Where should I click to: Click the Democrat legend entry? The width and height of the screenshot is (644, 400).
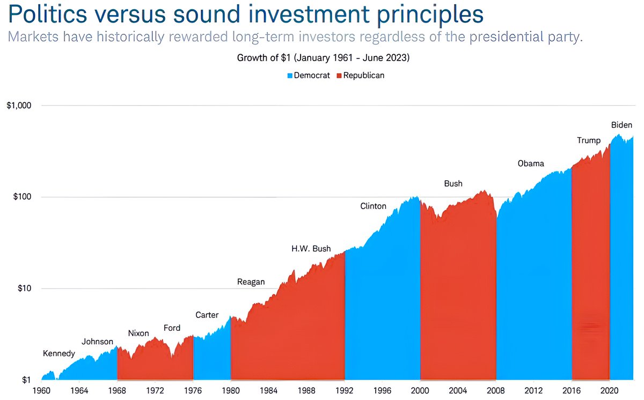[x=309, y=76]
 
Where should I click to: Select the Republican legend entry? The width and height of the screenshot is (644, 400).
[x=360, y=76]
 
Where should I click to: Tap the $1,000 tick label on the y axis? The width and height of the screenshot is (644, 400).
[x=19, y=106]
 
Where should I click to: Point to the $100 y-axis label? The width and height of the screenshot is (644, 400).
[x=22, y=197]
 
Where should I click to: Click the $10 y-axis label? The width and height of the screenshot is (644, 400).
[x=25, y=288]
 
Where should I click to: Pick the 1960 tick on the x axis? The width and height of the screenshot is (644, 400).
[x=41, y=391]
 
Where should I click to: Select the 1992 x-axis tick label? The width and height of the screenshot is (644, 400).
[x=345, y=391]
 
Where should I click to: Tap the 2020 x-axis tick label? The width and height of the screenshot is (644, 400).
[x=609, y=391]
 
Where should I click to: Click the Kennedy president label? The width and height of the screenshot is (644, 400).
[x=59, y=353]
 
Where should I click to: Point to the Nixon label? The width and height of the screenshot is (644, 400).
[x=138, y=334]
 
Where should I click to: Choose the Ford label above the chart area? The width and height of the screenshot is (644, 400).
[x=172, y=328]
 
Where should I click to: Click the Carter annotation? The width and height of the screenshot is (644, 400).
[x=207, y=315]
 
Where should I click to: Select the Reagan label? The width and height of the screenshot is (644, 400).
[x=251, y=282]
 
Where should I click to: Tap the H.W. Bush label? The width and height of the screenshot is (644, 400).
[x=311, y=249]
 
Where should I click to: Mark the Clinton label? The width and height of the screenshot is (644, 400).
[x=373, y=206]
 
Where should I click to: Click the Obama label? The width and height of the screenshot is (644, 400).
[x=531, y=164]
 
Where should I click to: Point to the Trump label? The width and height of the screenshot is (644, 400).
[x=589, y=140]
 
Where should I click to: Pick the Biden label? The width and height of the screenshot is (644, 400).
[x=621, y=125]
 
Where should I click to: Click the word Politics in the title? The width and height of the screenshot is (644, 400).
[x=47, y=14]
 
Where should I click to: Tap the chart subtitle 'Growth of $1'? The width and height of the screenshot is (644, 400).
[x=264, y=58]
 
